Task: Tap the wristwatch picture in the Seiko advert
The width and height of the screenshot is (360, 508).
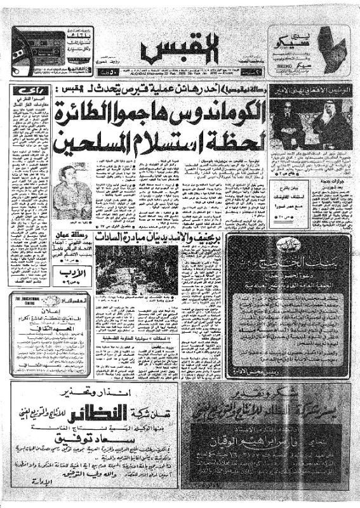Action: [x=329, y=50]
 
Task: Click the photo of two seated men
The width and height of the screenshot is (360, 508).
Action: [x=309, y=124]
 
